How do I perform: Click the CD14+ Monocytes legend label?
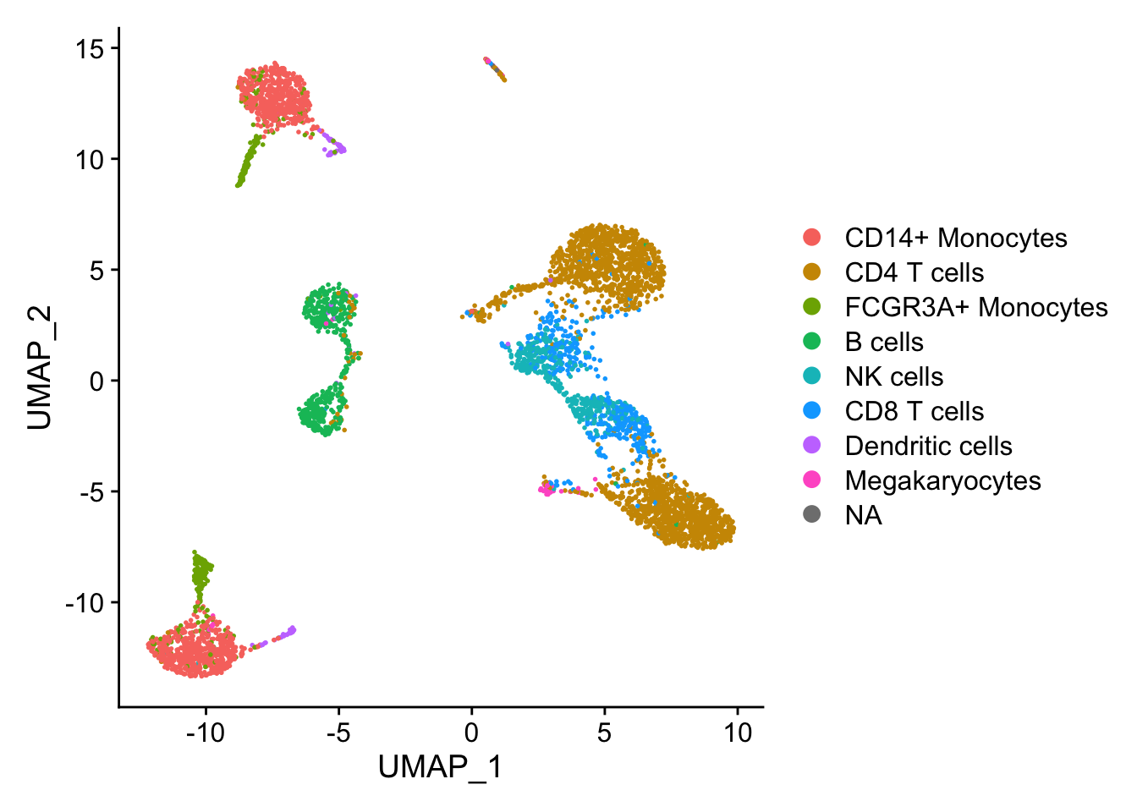tap(955, 239)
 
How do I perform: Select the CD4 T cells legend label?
tap(914, 273)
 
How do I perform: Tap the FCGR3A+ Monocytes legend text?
tap(975, 308)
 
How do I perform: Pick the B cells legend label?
tap(883, 343)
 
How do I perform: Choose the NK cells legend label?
tap(893, 377)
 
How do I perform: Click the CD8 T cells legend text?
tap(914, 412)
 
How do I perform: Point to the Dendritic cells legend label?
tap(928, 447)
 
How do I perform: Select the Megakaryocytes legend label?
tap(942, 481)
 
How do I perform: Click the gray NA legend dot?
tap(811, 514)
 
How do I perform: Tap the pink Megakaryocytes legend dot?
tap(811, 480)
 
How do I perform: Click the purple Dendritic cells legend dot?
tap(811, 445)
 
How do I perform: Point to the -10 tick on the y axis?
tap(84, 603)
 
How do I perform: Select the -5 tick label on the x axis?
tap(338, 732)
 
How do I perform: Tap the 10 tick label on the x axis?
tap(737, 732)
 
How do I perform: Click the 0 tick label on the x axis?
tap(471, 732)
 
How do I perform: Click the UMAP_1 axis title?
tap(440, 768)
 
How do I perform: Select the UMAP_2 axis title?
tap(40, 368)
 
